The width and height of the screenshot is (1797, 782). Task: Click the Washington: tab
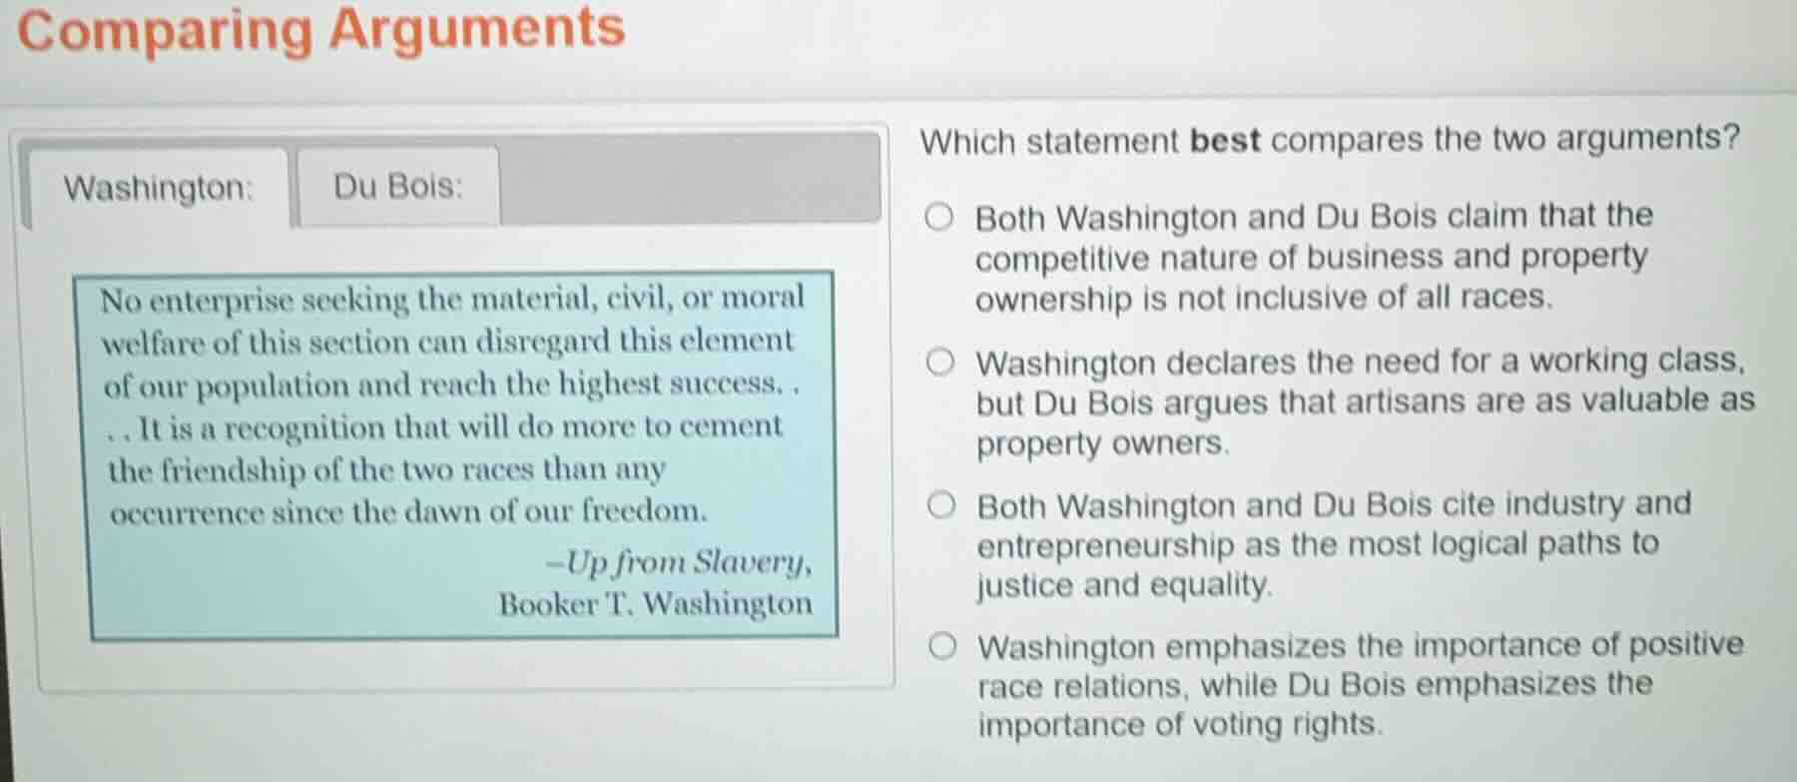158,188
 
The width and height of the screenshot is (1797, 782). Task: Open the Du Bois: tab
397,186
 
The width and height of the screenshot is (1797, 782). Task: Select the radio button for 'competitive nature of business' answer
938,217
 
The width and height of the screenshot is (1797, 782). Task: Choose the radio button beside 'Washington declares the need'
939,363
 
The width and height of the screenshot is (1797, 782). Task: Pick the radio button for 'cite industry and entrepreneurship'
940,506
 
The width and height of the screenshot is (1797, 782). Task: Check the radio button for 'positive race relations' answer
941,647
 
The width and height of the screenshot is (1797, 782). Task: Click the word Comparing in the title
165,30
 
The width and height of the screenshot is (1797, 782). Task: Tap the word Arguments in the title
477,28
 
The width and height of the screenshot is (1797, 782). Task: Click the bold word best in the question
1225,140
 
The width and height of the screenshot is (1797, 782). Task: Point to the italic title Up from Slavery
687,562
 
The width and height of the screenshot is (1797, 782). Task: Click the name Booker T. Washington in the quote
655,604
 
